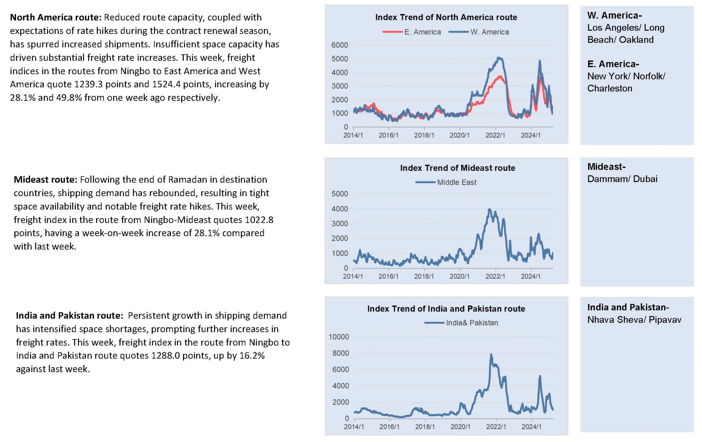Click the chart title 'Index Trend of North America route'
click(446, 17)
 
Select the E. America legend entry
click(412, 32)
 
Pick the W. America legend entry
click(479, 32)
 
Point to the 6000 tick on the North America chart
click(340, 45)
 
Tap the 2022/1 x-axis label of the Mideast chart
click(495, 276)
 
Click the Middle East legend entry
click(446, 182)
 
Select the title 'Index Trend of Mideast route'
click(457, 168)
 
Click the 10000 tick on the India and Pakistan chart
click(339, 337)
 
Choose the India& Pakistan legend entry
click(461, 323)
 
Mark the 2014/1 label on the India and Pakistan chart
click(354, 427)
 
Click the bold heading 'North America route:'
click(56, 17)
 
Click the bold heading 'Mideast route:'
click(46, 180)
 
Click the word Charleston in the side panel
click(610, 88)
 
